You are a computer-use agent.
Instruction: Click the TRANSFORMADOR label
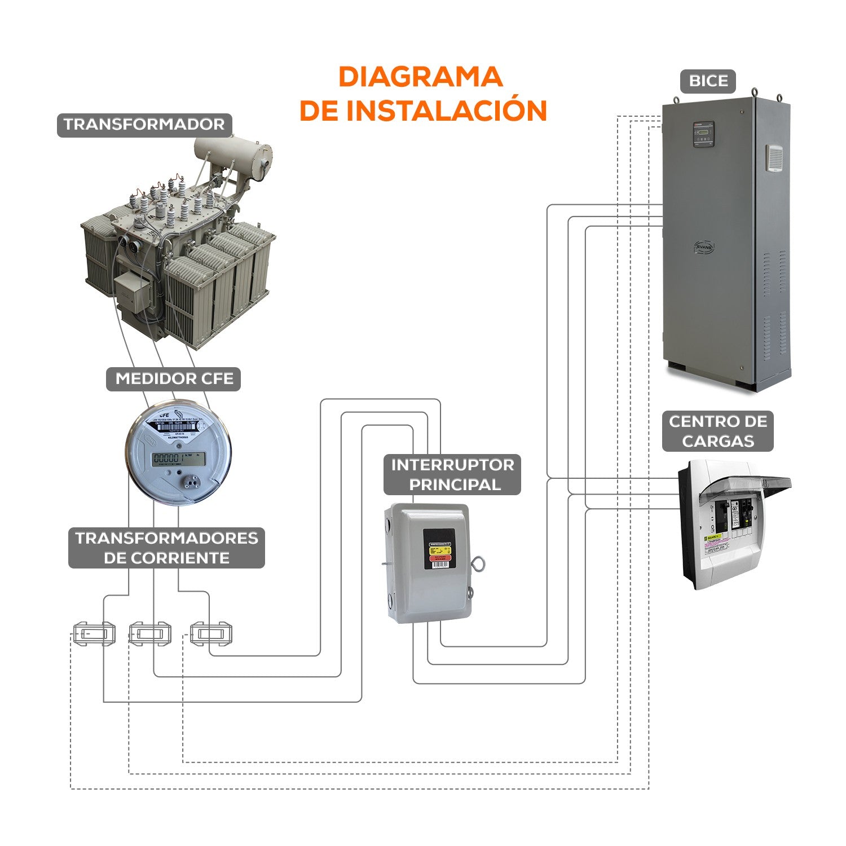(x=144, y=125)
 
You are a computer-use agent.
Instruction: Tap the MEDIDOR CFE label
(x=174, y=378)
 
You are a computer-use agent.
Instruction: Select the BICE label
(x=708, y=81)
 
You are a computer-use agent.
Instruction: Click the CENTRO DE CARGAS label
(x=717, y=431)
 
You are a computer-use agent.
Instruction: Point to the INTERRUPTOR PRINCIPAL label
(x=452, y=475)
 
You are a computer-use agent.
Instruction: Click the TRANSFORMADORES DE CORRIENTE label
(x=167, y=548)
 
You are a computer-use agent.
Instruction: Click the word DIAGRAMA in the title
(x=420, y=77)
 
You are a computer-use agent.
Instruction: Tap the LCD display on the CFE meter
(x=179, y=459)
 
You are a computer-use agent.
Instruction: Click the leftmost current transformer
(x=94, y=634)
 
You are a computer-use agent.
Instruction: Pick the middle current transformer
(x=149, y=634)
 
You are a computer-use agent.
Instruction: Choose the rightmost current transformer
(x=211, y=634)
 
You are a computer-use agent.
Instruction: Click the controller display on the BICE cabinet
(x=703, y=134)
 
